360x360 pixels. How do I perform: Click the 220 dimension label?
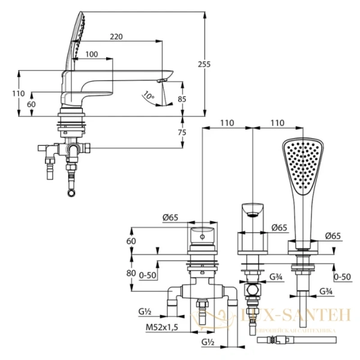click(116, 37)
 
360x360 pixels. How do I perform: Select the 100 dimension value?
click(92, 55)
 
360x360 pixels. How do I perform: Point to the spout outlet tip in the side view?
click(162, 79)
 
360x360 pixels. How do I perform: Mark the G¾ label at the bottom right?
click(326, 291)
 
